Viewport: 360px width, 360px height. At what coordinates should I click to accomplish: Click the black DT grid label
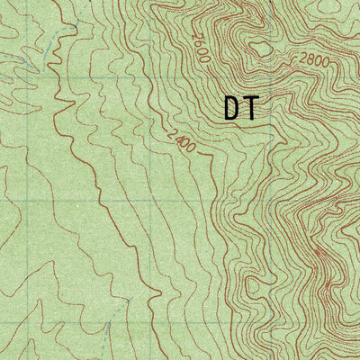pyautogui.click(x=241, y=109)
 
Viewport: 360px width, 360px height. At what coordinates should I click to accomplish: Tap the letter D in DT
pyautogui.click(x=232, y=109)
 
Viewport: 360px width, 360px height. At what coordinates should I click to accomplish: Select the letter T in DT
pyautogui.click(x=251, y=109)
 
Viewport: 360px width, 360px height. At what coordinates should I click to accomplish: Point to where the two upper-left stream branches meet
pyautogui.click(x=36, y=67)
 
